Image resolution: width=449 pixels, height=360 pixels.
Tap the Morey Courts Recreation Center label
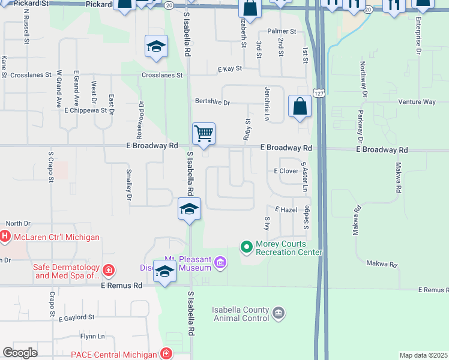click(289, 248)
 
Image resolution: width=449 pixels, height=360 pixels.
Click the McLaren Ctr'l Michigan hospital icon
click(5, 237)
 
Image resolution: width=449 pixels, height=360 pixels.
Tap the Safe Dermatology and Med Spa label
click(67, 272)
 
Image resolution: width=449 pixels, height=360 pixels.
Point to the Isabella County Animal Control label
click(240, 314)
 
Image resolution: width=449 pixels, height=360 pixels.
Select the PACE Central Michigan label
click(113, 354)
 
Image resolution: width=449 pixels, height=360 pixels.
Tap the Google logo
click(20, 353)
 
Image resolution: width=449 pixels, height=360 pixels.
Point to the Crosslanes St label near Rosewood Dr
click(162, 76)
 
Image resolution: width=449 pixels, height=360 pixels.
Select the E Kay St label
click(229, 69)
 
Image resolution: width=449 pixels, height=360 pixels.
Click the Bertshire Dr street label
click(212, 103)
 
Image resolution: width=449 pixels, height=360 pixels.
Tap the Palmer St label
click(282, 31)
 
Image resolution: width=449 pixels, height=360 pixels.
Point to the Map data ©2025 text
click(423, 355)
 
